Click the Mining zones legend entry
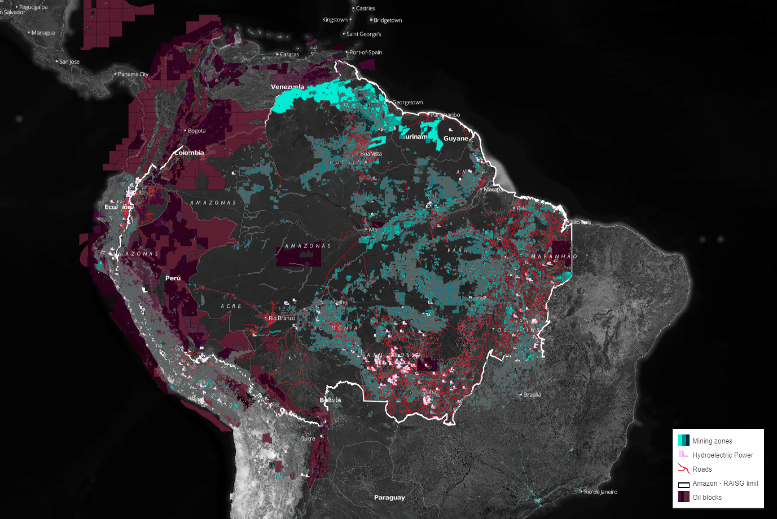coord(712,441)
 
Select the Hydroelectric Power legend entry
coord(722,455)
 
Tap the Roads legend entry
coord(702,469)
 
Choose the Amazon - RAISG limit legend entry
coord(725,483)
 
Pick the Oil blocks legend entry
coord(707,498)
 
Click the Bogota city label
coord(196,131)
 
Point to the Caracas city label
coord(289,55)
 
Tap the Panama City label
coord(133,74)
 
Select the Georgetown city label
coord(407,103)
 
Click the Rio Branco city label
coord(282,318)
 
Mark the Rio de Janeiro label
coord(600,492)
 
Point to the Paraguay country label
coord(389,498)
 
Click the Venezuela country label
coord(287,87)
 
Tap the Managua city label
coord(43,33)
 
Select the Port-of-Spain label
coord(365,52)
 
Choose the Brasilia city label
coord(532,394)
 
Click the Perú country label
coord(173,278)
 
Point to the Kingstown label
coord(335,20)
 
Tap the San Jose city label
coord(69,62)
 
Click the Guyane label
coord(456,139)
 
